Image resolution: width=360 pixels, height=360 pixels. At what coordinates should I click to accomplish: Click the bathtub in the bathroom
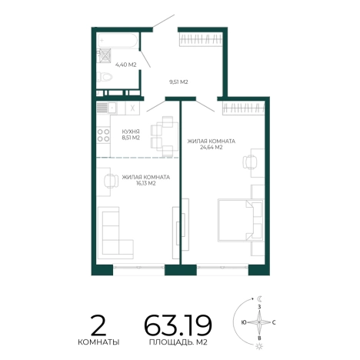pyautogui.click(x=118, y=40)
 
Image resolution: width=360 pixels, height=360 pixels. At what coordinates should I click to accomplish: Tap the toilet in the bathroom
pyautogui.click(x=105, y=77)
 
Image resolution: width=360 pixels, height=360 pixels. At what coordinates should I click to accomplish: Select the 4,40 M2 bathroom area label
pyautogui.click(x=125, y=65)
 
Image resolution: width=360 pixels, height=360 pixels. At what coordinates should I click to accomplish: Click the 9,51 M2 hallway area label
pyautogui.click(x=178, y=82)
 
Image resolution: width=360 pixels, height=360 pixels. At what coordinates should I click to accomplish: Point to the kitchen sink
pyautogui.click(x=112, y=108)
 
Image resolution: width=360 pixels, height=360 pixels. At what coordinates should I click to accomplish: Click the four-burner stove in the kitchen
pyautogui.click(x=103, y=135)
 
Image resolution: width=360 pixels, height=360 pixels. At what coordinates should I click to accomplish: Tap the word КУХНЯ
pyautogui.click(x=131, y=132)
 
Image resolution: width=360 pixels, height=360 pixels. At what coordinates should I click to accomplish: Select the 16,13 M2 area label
pyautogui.click(x=146, y=183)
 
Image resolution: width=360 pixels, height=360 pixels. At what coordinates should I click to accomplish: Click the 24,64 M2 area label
pyautogui.click(x=212, y=148)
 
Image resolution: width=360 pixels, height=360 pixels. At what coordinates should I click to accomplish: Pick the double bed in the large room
pyautogui.click(x=241, y=220)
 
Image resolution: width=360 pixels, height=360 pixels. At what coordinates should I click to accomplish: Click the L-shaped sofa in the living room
pyautogui.click(x=116, y=233)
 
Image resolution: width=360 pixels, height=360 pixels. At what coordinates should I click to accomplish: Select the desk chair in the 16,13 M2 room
pyautogui.click(x=112, y=182)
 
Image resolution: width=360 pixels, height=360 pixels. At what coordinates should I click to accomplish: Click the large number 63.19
pyautogui.click(x=178, y=325)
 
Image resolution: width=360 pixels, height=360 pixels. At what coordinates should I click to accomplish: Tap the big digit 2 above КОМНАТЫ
pyautogui.click(x=98, y=325)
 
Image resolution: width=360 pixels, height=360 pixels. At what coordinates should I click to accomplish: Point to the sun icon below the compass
pyautogui.click(x=259, y=346)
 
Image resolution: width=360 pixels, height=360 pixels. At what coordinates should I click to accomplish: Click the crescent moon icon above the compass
pyautogui.click(x=260, y=298)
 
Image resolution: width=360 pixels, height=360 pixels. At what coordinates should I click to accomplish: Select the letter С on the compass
pyautogui.click(x=274, y=322)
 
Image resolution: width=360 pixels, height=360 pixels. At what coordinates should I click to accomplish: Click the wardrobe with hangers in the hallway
pyautogui.click(x=201, y=40)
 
